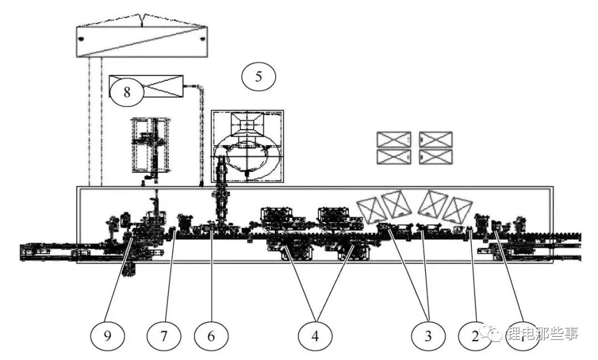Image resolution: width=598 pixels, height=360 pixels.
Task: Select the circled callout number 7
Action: coord(163,335)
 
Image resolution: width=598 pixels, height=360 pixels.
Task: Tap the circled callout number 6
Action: coord(211,335)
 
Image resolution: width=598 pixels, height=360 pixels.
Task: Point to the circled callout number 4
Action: coord(315,335)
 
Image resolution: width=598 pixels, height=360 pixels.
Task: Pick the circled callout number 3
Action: coord(429,335)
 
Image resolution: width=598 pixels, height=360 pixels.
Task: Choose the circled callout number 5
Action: coord(259,76)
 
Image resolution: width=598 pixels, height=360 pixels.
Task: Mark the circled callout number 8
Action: coord(127,92)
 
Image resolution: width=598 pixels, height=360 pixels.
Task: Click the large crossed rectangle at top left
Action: coord(141,41)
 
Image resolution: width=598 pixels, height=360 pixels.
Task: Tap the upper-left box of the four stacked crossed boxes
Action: coord(394,139)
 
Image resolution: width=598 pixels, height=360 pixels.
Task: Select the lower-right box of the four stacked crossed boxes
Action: coord(436,157)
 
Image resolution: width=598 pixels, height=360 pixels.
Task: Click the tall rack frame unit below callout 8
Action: coord(150,145)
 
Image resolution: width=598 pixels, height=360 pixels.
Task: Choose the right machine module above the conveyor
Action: coord(336,218)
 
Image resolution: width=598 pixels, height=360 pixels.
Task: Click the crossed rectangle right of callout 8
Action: coord(163,87)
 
